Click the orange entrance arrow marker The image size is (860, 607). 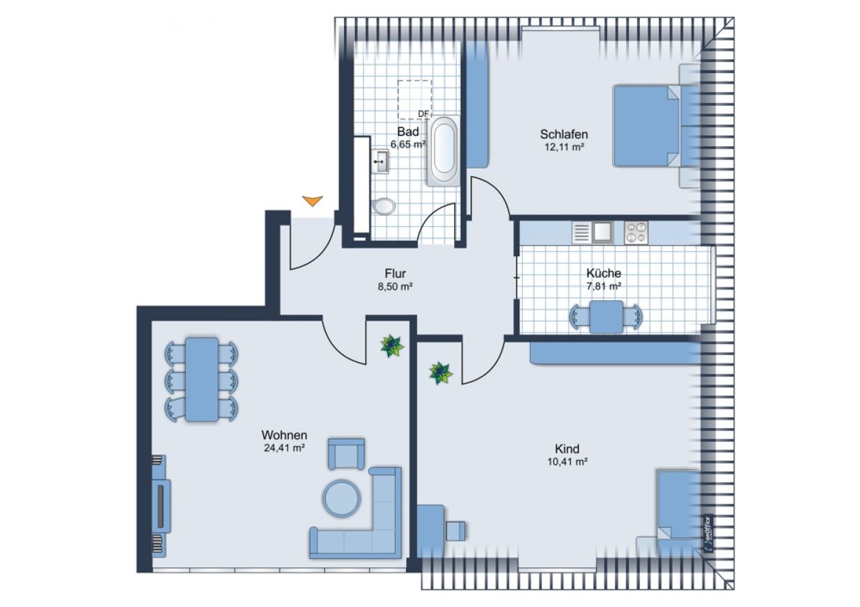313,200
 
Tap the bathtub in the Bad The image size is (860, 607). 444,151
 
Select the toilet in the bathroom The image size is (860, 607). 383,207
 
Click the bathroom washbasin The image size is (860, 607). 380,161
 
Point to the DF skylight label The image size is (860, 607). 423,114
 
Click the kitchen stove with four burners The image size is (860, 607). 636,232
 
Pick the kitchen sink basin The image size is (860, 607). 603,232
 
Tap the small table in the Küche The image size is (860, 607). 607,317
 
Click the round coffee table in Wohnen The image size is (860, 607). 341,498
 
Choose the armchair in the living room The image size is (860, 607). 346,454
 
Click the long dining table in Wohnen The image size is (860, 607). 201,379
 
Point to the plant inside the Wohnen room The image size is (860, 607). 391,345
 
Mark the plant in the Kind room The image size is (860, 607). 440,373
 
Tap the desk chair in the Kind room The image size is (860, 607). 455,530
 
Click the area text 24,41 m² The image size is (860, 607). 285,448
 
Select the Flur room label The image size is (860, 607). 395,274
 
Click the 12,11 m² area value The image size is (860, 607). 564,147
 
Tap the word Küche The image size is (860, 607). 604,273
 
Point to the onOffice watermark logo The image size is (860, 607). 708,534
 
